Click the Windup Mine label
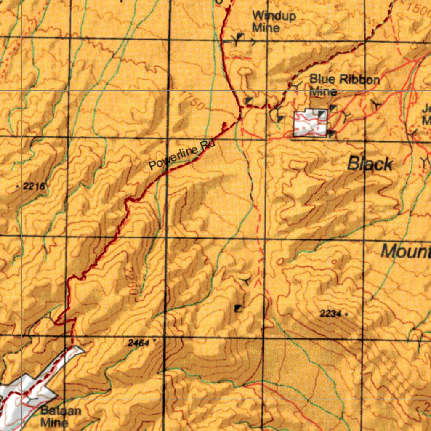274,21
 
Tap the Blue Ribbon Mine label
345,85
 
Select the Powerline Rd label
182,156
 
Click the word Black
370,164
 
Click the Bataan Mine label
61,416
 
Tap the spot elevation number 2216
34,186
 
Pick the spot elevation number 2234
330,313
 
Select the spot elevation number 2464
138,343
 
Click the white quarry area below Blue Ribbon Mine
311,123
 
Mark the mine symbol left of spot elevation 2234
239,309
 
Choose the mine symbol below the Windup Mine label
239,39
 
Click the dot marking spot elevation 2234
346,314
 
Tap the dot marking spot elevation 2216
17,186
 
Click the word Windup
274,16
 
